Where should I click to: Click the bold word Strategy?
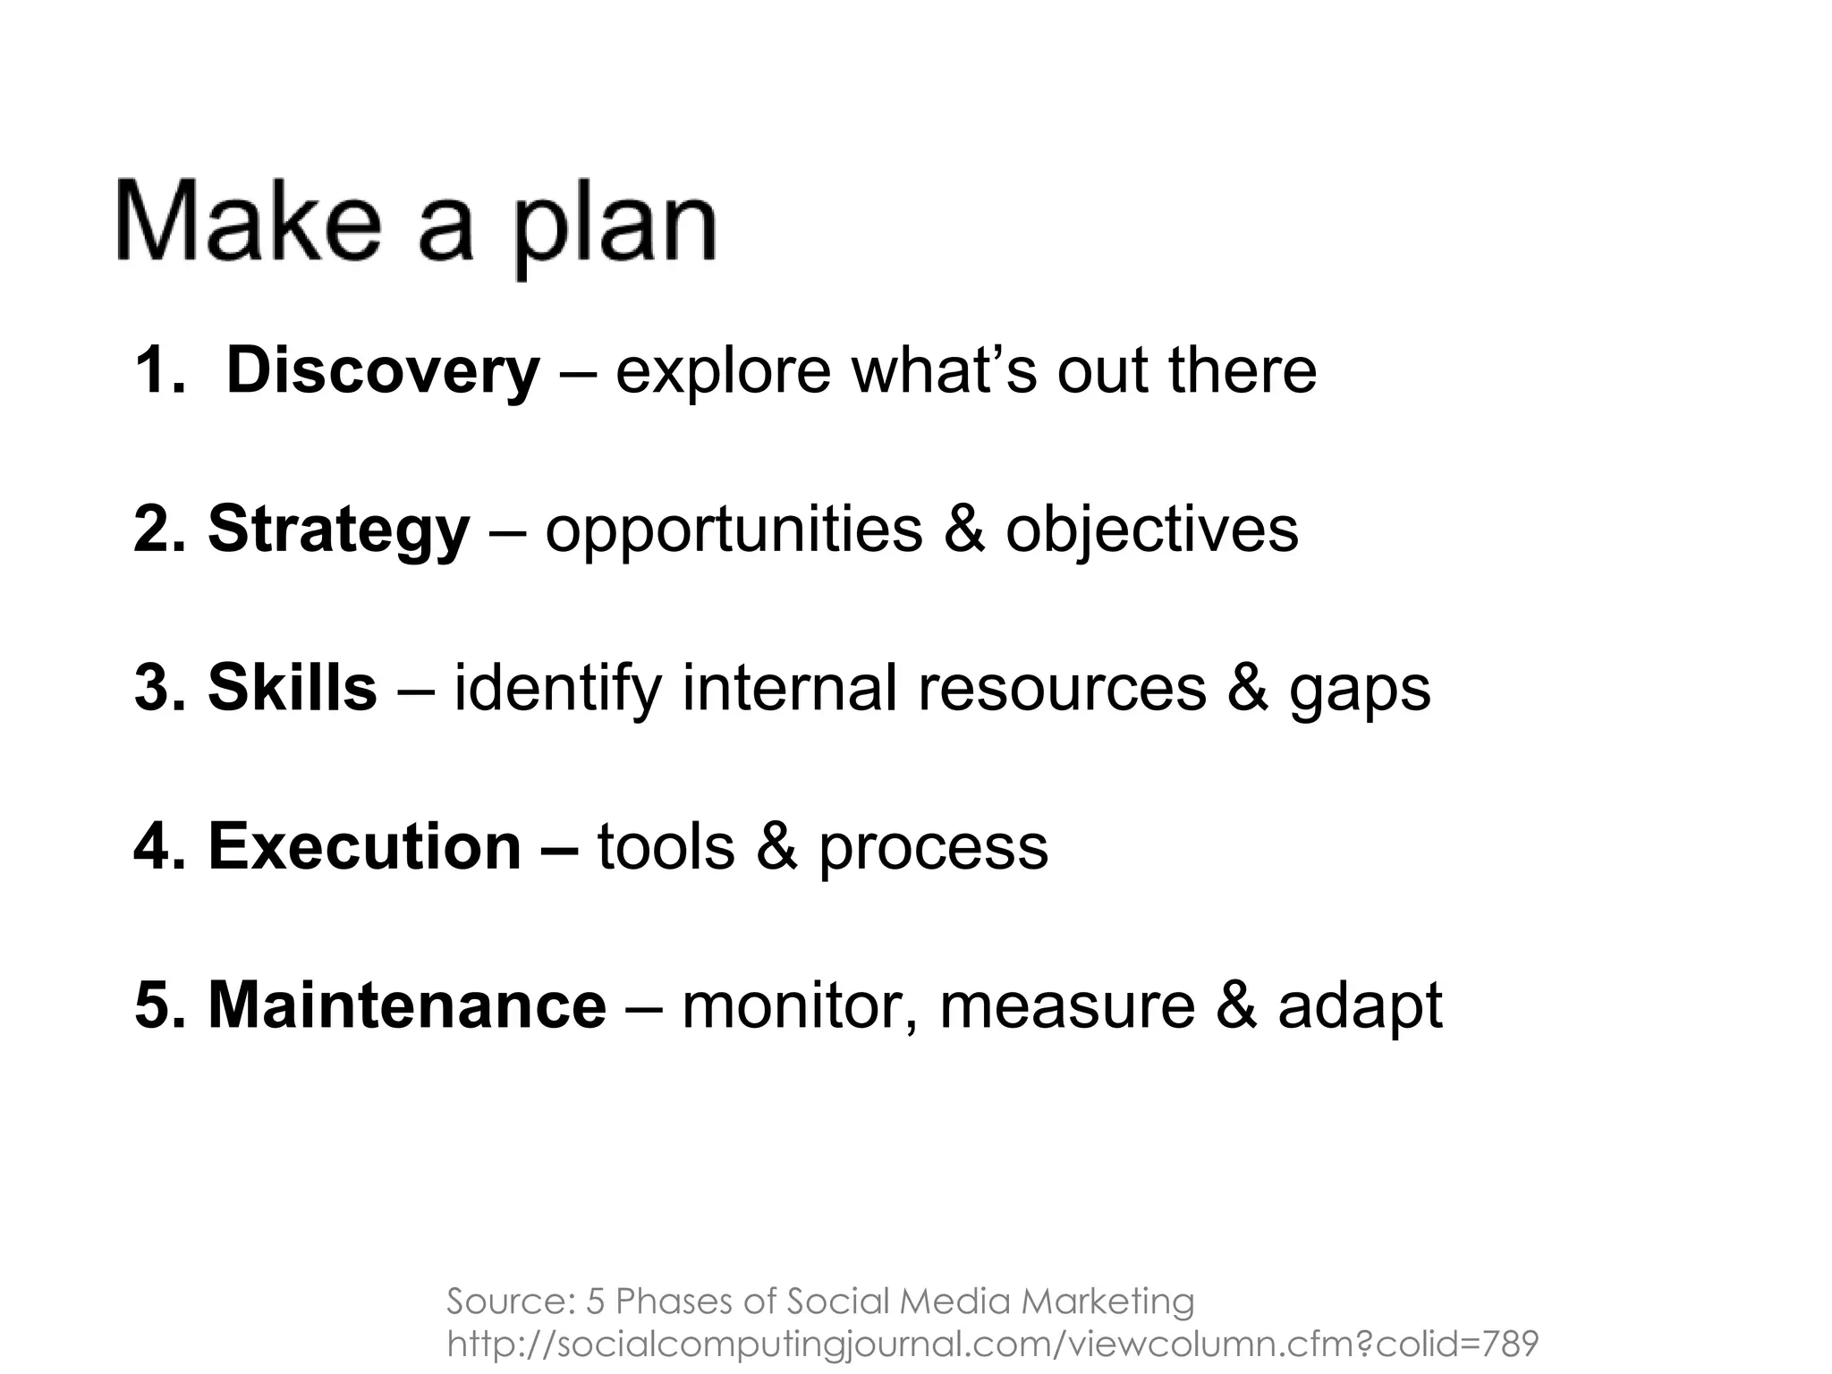pos(338,530)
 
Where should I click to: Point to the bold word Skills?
pos(293,688)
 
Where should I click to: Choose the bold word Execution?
pos(364,846)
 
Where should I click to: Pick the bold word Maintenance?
pos(407,1005)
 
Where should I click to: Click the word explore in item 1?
pos(723,371)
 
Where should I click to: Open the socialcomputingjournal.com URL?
pos(992,1344)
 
